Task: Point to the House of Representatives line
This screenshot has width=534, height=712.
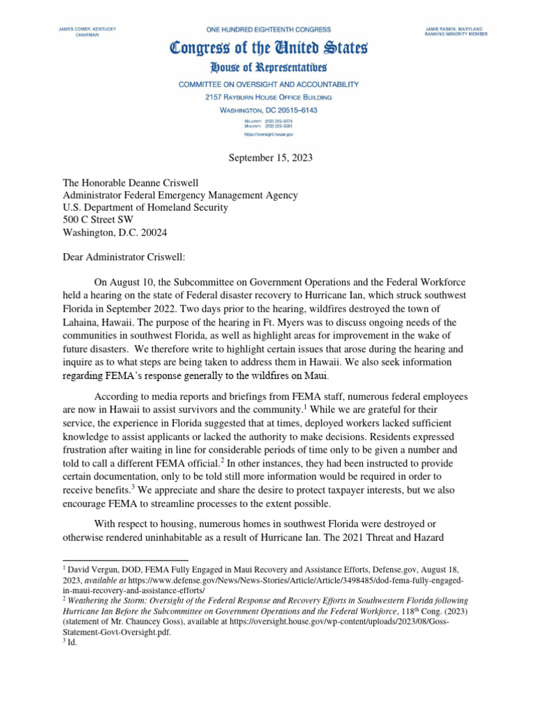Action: tap(268, 68)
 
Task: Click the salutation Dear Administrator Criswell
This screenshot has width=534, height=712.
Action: tap(124, 257)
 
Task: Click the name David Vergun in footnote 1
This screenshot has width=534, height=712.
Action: tap(91, 569)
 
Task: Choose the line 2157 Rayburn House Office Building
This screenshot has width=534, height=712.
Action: tap(268, 97)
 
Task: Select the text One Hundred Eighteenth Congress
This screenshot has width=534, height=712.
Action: tap(268, 30)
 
